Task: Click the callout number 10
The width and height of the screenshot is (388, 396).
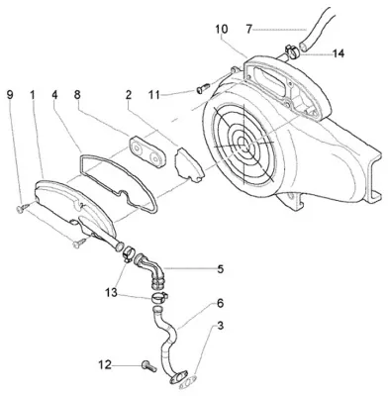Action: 222,29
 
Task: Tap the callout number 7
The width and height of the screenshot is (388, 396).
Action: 248,29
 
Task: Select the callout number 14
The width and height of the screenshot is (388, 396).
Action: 339,53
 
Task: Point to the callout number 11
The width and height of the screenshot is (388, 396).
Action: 153,95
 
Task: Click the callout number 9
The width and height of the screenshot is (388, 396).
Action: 10,95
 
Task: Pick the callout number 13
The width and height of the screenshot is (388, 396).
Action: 112,292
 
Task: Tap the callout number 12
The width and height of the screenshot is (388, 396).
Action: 105,365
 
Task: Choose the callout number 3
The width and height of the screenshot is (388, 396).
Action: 220,326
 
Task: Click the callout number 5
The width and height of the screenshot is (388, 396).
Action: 220,269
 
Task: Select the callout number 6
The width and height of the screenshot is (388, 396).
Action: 220,303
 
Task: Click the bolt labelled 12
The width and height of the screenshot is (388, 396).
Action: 149,366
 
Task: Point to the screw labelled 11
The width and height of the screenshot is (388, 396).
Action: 203,88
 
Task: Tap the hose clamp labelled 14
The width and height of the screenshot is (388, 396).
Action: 292,51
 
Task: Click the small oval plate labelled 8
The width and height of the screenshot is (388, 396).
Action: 146,150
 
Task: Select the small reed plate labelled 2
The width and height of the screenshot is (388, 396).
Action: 187,164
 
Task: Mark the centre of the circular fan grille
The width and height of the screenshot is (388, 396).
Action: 243,145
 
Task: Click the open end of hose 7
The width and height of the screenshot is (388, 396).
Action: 304,46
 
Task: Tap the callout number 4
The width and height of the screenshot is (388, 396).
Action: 54,95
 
